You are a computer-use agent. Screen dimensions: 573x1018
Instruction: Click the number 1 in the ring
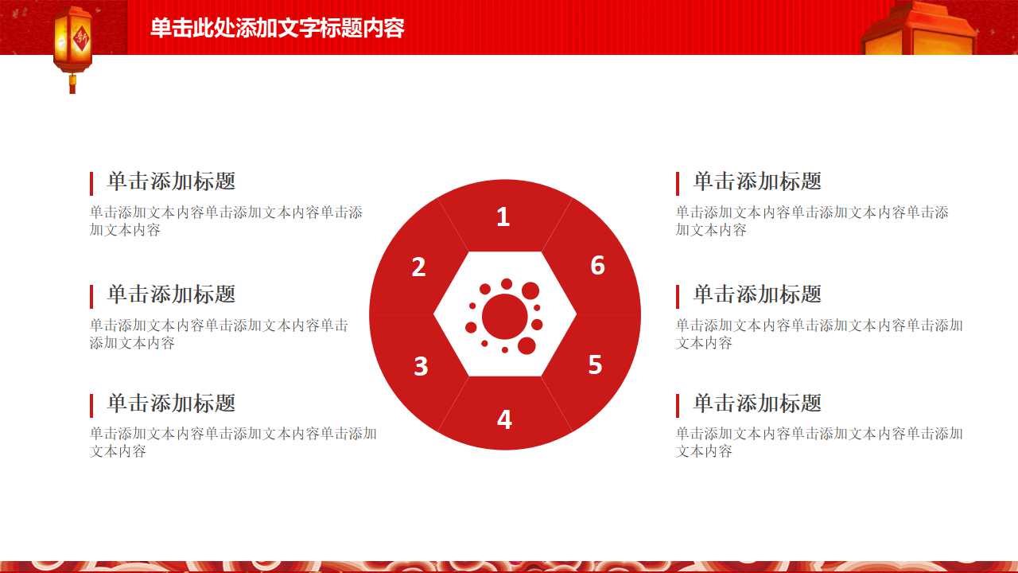(503, 216)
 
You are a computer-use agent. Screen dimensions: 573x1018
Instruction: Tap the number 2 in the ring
(419, 267)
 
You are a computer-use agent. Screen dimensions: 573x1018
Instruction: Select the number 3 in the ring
(421, 366)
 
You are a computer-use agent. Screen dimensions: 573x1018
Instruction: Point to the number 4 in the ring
(504, 419)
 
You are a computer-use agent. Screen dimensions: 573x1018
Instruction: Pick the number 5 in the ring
(595, 364)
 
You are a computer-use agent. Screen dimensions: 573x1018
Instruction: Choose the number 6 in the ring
(597, 265)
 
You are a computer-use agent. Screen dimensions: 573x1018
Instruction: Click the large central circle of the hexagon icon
(504, 316)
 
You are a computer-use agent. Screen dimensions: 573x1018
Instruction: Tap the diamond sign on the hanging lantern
(80, 38)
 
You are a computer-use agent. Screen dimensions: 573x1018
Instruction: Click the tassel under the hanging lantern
(72, 84)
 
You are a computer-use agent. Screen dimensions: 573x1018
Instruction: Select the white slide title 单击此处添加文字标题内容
(278, 29)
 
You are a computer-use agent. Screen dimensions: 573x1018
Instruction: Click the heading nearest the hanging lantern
(171, 181)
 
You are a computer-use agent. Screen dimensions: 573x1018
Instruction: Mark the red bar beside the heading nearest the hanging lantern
(91, 183)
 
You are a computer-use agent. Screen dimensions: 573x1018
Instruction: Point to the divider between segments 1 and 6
(558, 226)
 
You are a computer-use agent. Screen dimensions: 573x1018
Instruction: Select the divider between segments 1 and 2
(453, 226)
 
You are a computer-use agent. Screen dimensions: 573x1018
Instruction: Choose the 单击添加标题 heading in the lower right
(757, 403)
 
